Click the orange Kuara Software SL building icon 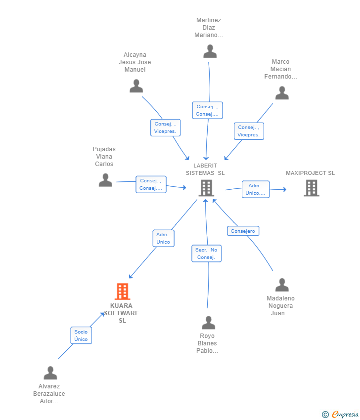pos(122,292)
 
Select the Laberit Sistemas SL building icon pos(206,188)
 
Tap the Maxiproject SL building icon pos(311,188)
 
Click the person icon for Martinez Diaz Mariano pos(210,51)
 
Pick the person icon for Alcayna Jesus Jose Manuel pos(136,86)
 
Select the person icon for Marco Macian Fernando pos(282,93)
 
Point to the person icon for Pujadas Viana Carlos pos(105,180)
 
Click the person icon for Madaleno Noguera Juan pos(282,285)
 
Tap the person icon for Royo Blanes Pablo pos(209,323)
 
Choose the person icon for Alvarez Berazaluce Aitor pos(50,373)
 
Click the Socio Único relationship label pos(81,336)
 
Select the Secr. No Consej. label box pos(206,253)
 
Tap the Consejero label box pos(243,231)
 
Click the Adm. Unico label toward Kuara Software pos(163,238)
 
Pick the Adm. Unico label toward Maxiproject pos(255,189)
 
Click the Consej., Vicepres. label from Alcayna pos(165,127)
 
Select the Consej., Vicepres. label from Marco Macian pos(249,131)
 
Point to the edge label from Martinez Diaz pos(207,110)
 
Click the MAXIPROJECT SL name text pos(310,173)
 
